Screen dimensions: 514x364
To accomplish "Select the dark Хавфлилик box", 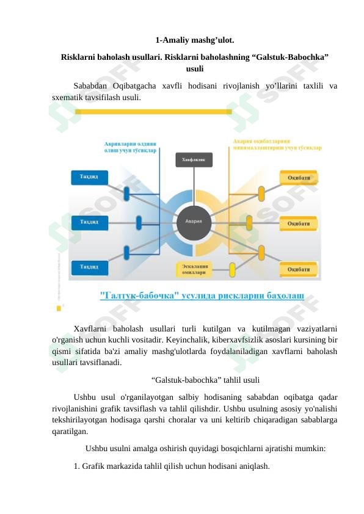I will [x=194, y=159].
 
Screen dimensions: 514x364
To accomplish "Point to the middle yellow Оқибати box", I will [x=299, y=223].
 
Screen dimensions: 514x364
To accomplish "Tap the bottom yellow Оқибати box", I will [x=299, y=269].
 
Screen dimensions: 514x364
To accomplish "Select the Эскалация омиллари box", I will [x=194, y=269].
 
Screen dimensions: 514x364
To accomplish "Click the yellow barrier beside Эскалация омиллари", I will [x=232, y=269].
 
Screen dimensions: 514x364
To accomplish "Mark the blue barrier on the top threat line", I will [x=127, y=194].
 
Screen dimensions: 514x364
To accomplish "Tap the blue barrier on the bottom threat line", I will [x=127, y=252].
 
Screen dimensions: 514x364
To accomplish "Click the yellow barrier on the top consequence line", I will [x=261, y=193].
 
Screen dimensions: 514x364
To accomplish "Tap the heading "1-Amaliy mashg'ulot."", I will [x=195, y=40].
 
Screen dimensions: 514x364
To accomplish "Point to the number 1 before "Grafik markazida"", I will [x=76, y=466].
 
